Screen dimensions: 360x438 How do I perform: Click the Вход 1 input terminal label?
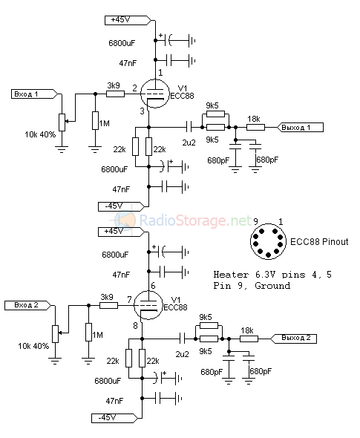pos(34,94)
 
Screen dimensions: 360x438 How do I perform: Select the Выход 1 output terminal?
pos(300,128)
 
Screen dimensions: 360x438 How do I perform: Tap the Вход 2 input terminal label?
pos(27,305)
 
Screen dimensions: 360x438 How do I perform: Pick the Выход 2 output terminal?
pos(293,339)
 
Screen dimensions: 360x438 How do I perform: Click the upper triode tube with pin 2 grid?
pos(154,94)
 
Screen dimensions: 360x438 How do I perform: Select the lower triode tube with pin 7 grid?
pos(148,305)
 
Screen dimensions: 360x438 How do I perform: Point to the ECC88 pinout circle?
pos(268,241)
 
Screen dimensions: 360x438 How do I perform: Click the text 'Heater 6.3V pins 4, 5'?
pos(272,275)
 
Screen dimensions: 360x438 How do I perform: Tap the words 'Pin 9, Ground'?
pos(252,286)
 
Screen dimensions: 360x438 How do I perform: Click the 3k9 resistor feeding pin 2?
pos(115,94)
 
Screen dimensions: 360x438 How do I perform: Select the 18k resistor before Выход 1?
pos(255,128)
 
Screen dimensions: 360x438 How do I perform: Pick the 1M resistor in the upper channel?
pos(95,120)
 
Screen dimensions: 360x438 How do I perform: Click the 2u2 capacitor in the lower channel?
pos(182,339)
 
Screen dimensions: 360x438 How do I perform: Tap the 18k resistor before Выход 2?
pos(249,339)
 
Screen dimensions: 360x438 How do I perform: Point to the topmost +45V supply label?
pos(128,20)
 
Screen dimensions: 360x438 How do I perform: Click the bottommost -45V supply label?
pos(114,418)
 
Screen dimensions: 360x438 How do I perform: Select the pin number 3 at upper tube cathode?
pos(143,111)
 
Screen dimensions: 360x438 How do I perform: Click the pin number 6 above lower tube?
pos(153,286)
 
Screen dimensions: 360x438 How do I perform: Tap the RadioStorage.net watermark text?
pos(195,220)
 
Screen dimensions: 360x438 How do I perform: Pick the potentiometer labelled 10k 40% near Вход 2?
pos(55,334)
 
